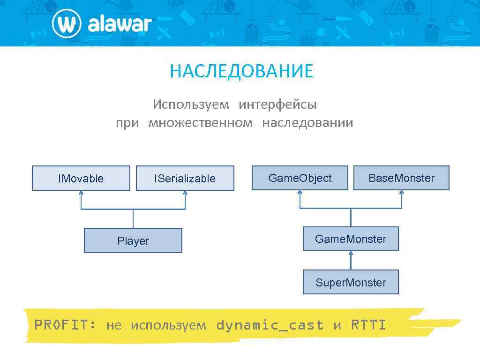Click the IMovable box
81,178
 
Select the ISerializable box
185,178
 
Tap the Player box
133,240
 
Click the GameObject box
300,178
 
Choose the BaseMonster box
401,178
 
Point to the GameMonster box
351,239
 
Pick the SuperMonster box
351,282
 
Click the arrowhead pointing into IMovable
81,193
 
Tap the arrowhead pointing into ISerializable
185,193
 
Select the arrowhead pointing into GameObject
300,193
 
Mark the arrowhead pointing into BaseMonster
402,193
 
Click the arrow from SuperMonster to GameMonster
351,260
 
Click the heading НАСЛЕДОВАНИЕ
241,71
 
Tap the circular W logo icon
67,24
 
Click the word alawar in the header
120,24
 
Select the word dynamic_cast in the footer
270,325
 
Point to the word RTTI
368,325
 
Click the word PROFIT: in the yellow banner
65,325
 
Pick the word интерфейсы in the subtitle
277,104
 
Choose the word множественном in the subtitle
200,123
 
